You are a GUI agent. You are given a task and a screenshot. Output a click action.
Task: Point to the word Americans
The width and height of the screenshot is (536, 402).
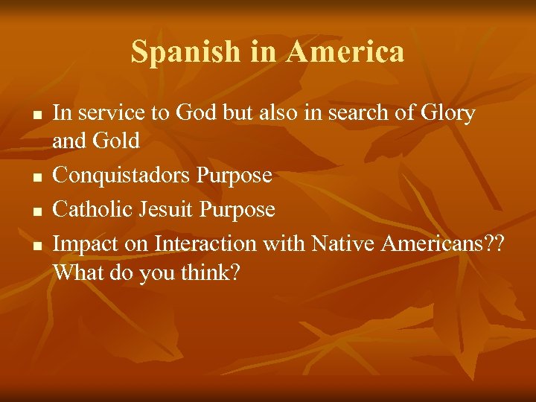coord(433,243)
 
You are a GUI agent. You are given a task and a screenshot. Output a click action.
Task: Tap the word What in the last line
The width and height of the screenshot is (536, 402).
coord(79,272)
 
